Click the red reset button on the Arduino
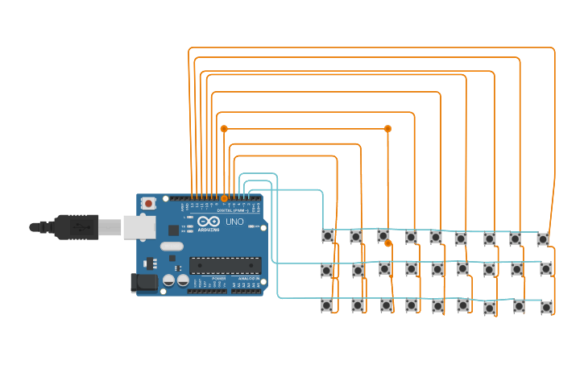click(148, 205)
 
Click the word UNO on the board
click(234, 222)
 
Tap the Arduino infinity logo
click(207, 222)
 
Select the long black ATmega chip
click(225, 265)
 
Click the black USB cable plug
click(77, 227)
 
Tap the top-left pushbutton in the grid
click(328, 236)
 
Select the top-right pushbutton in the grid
click(543, 238)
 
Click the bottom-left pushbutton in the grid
click(326, 305)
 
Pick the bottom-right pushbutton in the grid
click(547, 307)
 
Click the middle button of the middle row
click(437, 268)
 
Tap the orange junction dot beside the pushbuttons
click(387, 243)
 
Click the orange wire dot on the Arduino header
click(224, 197)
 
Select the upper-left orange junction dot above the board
click(224, 129)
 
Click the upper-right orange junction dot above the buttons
click(387, 129)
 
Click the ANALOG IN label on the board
click(246, 278)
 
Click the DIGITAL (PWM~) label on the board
click(230, 210)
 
